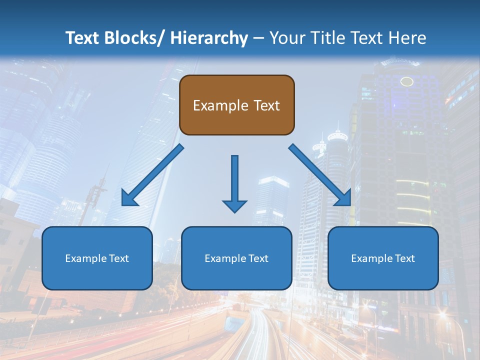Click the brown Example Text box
pos(236,105)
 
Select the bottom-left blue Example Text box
pos(97,258)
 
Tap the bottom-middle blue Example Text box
pos(236,258)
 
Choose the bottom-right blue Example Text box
pos(383,258)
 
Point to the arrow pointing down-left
pos(152,175)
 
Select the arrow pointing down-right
pos(320,175)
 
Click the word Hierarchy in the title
pos(209,38)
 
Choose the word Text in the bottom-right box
pos(405,258)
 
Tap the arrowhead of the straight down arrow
pos(234,205)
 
